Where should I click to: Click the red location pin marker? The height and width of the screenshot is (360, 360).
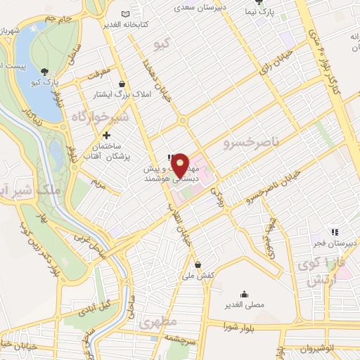click(x=181, y=165)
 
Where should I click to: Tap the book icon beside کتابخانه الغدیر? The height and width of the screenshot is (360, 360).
click(x=125, y=15)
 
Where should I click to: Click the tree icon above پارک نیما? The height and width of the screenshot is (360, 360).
click(x=258, y=2)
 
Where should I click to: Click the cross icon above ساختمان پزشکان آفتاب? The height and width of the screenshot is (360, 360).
click(x=106, y=135)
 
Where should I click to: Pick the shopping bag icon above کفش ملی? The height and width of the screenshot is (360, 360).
click(x=198, y=264)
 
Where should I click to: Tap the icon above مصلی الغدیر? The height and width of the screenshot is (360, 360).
click(x=244, y=294)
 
